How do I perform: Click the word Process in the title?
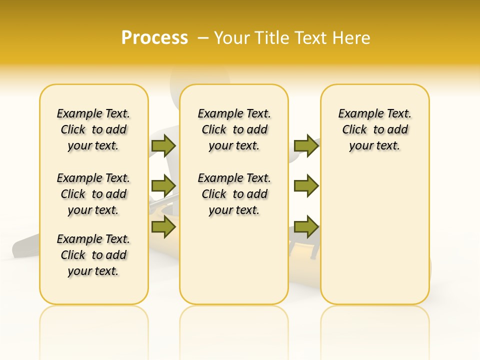[154, 38]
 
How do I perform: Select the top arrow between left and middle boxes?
[163, 145]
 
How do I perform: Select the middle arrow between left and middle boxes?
[163, 186]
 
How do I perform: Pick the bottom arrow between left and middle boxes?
[163, 227]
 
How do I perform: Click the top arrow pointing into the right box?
[306, 145]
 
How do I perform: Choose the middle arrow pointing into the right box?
[306, 186]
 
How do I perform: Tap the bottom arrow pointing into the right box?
[306, 227]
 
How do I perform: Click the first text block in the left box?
[93, 129]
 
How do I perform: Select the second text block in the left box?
[93, 194]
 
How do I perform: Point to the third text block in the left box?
[93, 255]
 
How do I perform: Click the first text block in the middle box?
[234, 129]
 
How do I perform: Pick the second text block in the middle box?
[234, 194]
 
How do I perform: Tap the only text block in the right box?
[374, 129]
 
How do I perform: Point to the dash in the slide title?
[203, 38]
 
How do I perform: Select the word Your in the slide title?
[232, 38]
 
